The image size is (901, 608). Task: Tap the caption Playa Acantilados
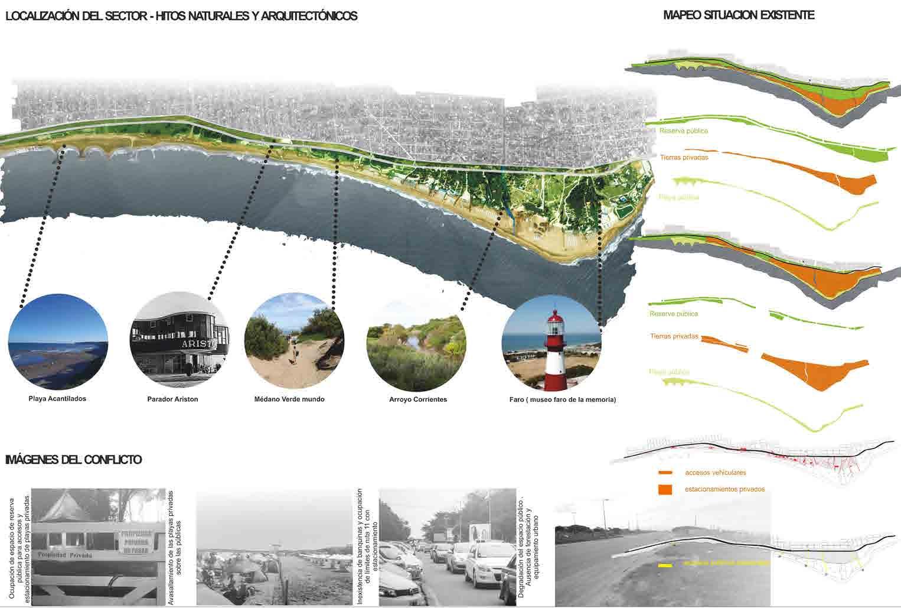(x=57, y=399)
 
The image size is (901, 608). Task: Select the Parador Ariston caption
(x=172, y=399)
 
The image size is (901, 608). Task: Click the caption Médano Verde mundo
(x=289, y=399)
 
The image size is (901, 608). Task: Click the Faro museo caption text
(x=562, y=400)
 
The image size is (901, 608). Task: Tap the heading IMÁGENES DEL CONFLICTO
(x=73, y=460)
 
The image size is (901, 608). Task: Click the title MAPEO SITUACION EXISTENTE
(x=739, y=15)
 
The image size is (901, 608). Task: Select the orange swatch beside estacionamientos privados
(x=665, y=489)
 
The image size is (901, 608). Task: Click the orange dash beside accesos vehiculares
(x=665, y=473)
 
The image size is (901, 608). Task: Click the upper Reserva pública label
(x=683, y=131)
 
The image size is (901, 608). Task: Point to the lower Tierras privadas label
(x=674, y=337)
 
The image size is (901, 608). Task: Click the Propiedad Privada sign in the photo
(x=65, y=556)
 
